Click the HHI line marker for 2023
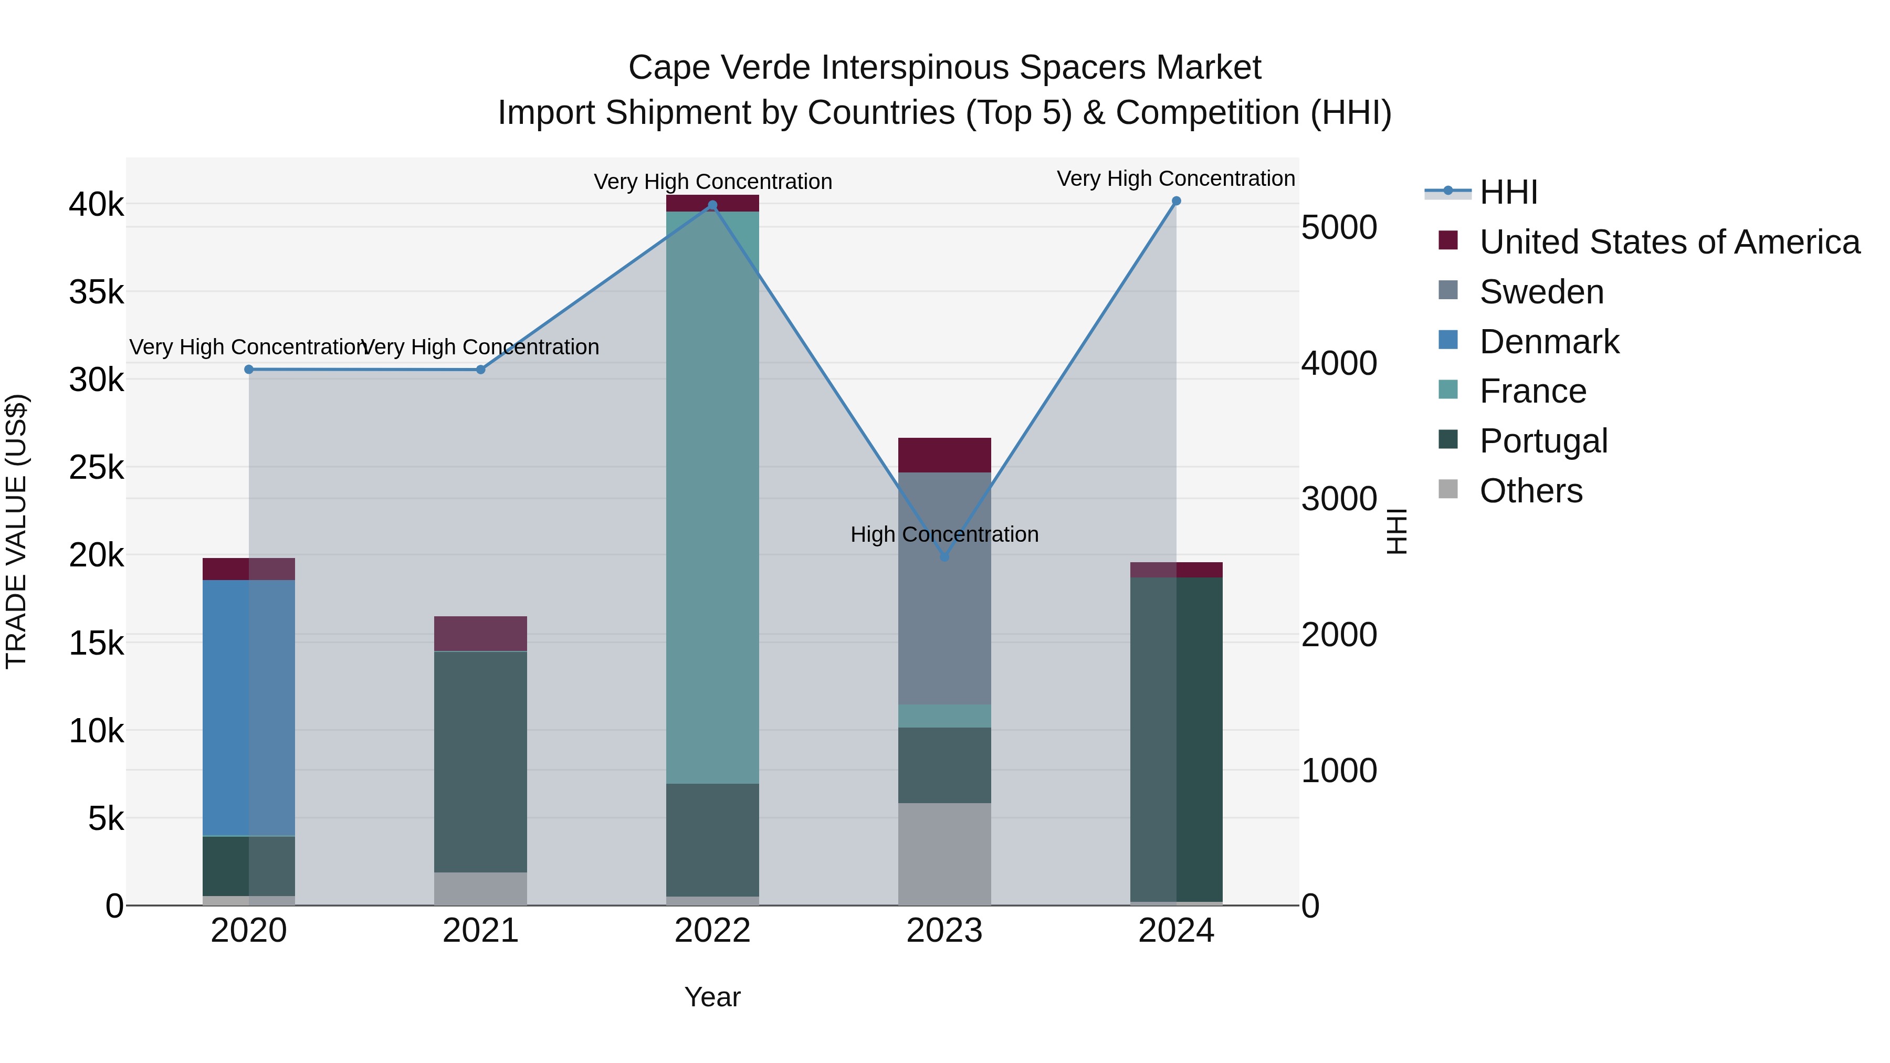click(944, 557)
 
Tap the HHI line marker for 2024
click(1176, 201)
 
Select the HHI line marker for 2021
click(480, 370)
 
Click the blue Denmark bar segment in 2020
click(249, 708)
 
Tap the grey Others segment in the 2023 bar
click(944, 854)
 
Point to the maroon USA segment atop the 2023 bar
click(944, 455)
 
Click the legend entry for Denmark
click(1549, 342)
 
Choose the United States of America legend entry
click(1669, 242)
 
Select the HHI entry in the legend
click(1508, 192)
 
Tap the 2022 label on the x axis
click(712, 931)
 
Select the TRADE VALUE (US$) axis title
click(16, 531)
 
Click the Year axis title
click(712, 997)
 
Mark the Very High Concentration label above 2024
click(1175, 178)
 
